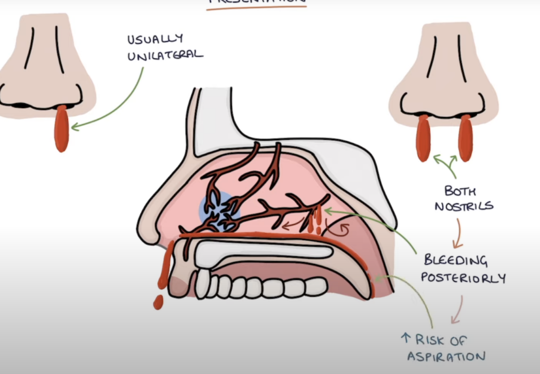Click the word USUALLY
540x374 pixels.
click(155, 40)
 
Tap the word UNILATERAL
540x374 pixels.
click(165, 55)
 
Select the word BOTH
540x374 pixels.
click(460, 190)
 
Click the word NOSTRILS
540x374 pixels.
click(464, 206)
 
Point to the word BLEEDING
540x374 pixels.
click(455, 260)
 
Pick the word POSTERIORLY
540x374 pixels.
click(463, 278)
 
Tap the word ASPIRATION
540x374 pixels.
click(446, 357)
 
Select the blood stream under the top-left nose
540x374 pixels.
click(62, 128)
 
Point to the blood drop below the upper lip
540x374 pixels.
click(158, 302)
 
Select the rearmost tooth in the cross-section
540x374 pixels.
click(315, 286)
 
